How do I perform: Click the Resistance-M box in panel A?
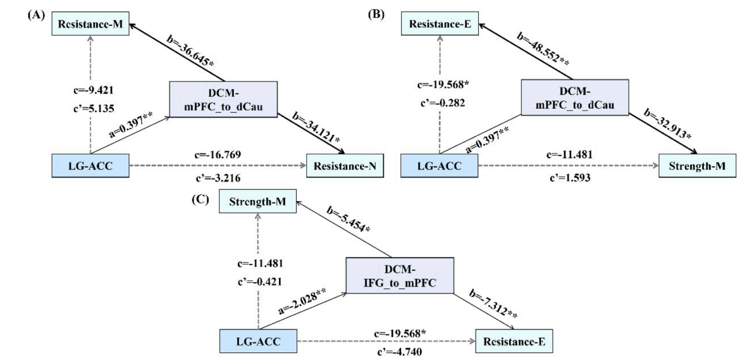click(x=91, y=25)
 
